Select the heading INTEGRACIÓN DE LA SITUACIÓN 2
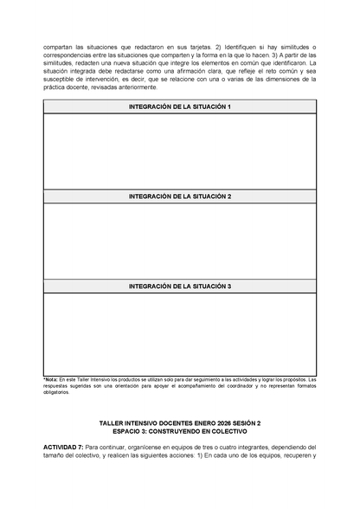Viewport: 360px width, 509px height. click(180, 197)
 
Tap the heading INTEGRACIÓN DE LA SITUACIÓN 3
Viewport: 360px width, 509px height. click(180, 286)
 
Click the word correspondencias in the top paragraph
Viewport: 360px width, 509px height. click(72, 55)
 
